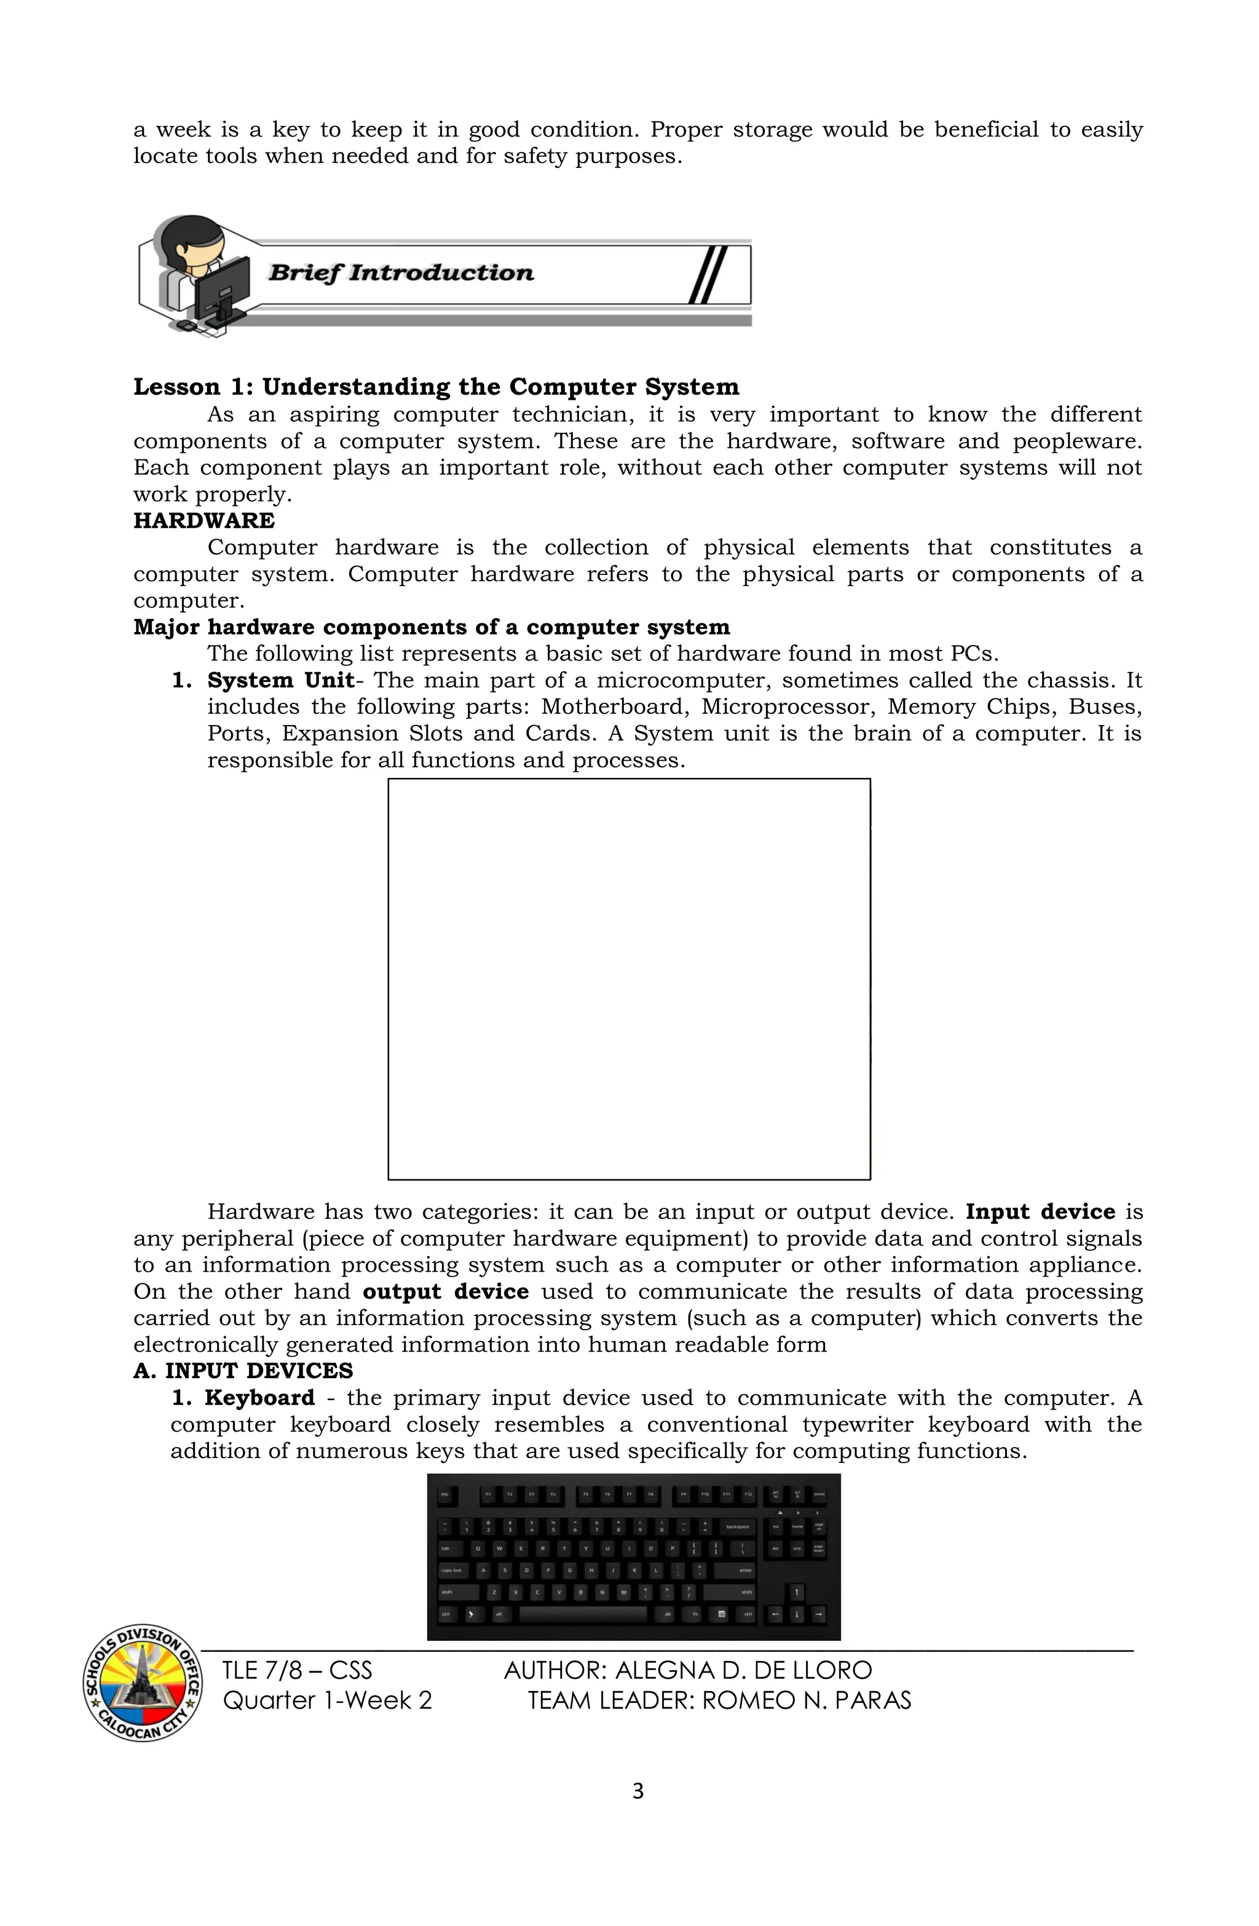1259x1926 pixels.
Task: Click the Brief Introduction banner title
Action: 401,272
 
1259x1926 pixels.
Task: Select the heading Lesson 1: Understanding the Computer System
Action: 436,387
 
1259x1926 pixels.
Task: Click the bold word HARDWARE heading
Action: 204,520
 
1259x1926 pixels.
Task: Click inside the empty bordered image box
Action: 629,979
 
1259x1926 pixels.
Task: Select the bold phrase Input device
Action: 1040,1211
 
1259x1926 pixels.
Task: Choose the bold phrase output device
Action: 445,1291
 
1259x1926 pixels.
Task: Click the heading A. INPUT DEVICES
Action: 243,1371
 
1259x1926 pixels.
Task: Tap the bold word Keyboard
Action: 259,1398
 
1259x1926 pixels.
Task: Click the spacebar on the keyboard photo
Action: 583,1614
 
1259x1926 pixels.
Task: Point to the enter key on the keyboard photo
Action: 735,1570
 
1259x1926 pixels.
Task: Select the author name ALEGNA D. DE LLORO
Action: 743,1670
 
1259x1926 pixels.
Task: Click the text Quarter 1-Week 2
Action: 327,1700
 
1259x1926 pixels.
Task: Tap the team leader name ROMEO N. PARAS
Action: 806,1700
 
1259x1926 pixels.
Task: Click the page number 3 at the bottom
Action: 637,1792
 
